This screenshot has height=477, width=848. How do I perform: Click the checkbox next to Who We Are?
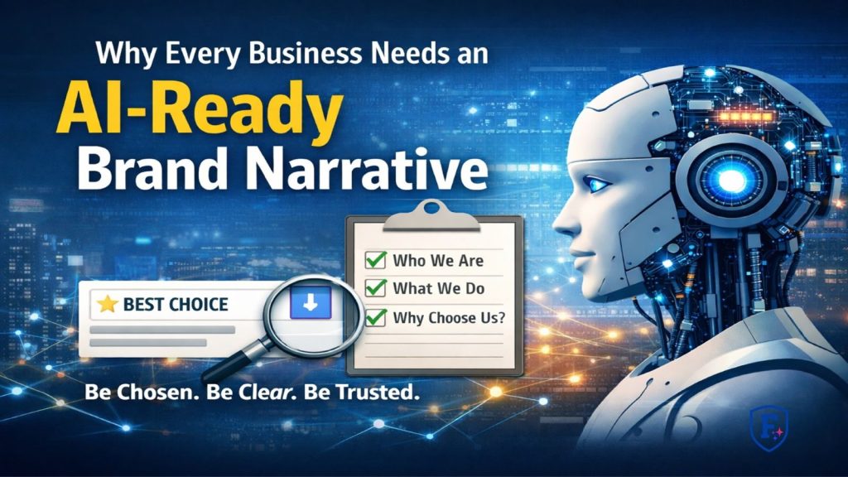[x=376, y=260]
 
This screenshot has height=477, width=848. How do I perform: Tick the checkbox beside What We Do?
[x=376, y=288]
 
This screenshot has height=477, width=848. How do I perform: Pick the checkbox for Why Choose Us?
[x=376, y=316]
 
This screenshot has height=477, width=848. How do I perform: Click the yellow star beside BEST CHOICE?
[x=107, y=304]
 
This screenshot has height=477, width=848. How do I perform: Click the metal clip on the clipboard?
[x=433, y=210]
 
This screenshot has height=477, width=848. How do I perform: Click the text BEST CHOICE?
[x=175, y=304]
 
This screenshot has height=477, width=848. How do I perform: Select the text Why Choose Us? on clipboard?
[x=449, y=316]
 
